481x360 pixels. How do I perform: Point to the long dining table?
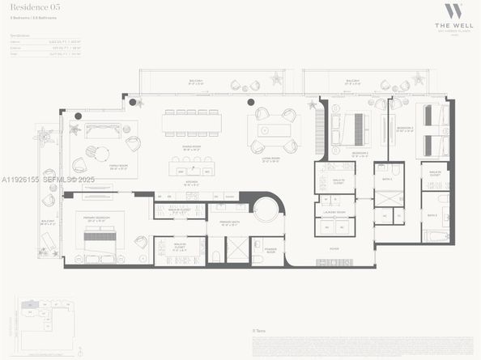tap(191, 124)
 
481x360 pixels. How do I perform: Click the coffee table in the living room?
tap(274, 130)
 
